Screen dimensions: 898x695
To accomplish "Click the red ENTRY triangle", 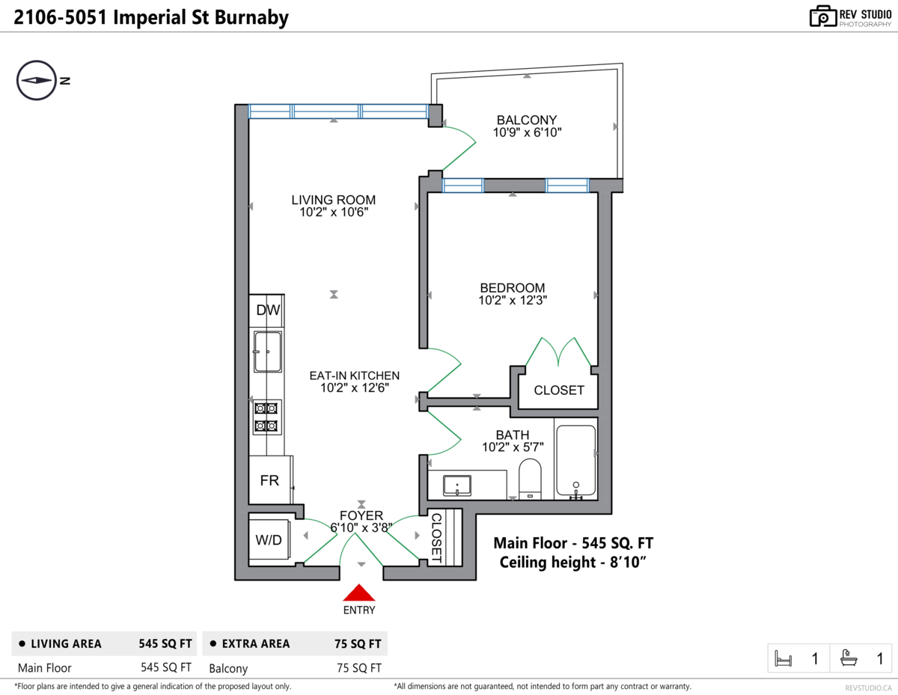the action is (x=358, y=593).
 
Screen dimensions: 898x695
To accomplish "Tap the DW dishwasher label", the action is (x=268, y=310).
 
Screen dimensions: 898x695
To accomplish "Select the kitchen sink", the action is (x=267, y=352).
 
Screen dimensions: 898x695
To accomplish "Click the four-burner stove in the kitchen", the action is (x=267, y=417).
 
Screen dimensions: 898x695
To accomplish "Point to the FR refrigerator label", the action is (x=269, y=480).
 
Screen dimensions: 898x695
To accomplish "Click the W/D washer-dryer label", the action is (x=268, y=539).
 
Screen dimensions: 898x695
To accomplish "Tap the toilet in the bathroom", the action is (x=530, y=479).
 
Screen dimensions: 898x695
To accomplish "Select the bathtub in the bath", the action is (x=575, y=460).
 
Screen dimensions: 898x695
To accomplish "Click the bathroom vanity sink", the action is (x=457, y=486).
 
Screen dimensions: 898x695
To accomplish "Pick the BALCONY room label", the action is (x=527, y=120).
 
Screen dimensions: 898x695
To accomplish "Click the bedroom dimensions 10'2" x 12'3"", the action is (x=513, y=300).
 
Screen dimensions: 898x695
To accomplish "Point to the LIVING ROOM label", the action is (x=334, y=200).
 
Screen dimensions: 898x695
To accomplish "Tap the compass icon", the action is (x=37, y=80).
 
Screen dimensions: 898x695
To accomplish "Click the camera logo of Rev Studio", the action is (x=823, y=16).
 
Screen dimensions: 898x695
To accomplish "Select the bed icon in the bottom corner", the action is (x=783, y=658).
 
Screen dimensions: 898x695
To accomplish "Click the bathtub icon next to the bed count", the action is (x=849, y=658).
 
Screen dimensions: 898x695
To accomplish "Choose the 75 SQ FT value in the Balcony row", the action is (x=358, y=668).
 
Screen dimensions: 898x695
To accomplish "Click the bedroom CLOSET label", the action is (x=559, y=391).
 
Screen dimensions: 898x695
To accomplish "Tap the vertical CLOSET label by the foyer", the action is (x=436, y=538).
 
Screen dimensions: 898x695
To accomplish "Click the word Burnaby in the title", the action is (x=251, y=18).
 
